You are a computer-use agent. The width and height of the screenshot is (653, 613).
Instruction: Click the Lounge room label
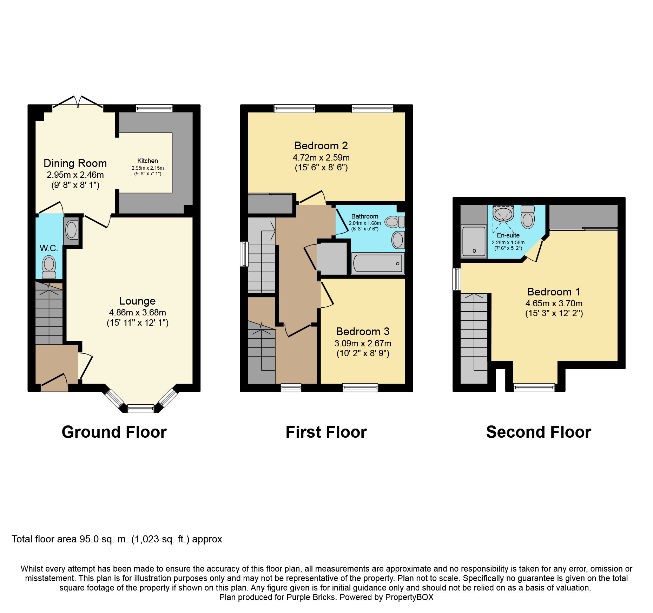137,301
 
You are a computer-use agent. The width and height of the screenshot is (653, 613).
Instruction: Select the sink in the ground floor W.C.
72,230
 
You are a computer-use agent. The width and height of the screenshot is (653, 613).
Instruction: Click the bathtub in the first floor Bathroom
377,263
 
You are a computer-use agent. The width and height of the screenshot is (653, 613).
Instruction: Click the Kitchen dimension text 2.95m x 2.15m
147,168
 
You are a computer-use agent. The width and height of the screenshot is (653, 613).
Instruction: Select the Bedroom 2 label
321,145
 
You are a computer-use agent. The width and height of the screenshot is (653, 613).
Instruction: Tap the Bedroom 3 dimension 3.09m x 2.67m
363,343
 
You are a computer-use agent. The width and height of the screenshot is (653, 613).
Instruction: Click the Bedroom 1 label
554,292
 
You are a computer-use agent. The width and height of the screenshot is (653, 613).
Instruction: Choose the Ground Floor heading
114,432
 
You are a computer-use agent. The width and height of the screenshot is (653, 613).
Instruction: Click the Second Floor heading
539,432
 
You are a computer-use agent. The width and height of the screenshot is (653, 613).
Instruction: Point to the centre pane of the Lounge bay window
140,408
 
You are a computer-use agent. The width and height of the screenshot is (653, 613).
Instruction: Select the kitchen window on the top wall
154,108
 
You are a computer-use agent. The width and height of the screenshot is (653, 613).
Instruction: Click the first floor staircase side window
244,254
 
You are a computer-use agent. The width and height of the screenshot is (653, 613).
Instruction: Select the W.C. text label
49,248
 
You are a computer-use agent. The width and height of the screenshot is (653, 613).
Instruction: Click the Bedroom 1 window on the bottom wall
534,388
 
